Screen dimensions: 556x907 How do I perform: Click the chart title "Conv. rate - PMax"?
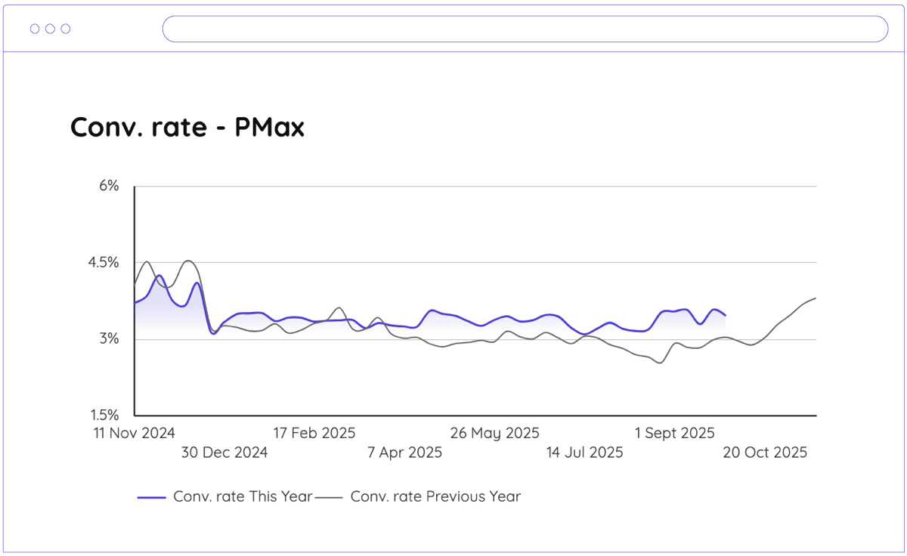pos(187,128)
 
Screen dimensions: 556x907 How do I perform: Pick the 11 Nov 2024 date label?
pos(134,433)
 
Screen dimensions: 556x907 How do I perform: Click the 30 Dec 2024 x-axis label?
pos(224,453)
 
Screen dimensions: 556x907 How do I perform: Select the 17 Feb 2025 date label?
pos(314,433)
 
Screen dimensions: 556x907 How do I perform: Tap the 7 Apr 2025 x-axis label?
pos(404,453)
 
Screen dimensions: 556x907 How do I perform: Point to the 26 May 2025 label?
pos(494,433)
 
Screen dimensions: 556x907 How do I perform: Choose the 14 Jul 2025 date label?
pos(584,453)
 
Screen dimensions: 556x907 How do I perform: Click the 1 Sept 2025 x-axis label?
pos(674,433)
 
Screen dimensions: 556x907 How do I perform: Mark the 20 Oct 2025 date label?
pos(765,453)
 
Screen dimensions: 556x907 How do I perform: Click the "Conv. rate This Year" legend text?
pos(243,496)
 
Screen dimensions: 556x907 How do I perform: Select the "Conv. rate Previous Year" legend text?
pos(435,496)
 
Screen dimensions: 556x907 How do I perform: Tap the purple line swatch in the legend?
pos(151,497)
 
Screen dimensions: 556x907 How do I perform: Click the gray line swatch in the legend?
pos(329,497)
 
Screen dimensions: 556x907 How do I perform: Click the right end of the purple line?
pos(726,315)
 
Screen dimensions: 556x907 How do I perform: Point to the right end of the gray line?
pos(816,298)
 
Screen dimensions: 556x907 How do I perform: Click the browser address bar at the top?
pos(525,29)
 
